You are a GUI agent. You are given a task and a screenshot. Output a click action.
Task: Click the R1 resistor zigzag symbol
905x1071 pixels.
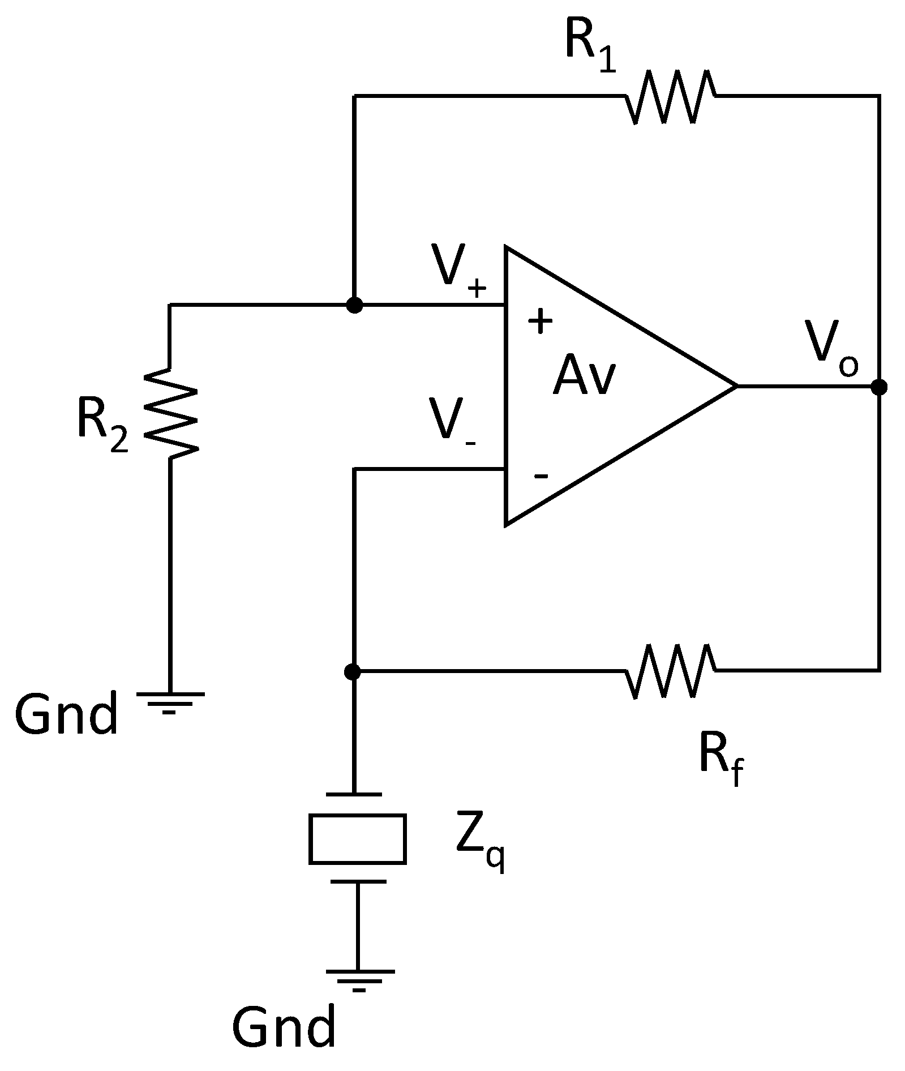coord(670,97)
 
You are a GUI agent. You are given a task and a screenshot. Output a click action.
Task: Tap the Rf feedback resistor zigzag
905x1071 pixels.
coord(670,671)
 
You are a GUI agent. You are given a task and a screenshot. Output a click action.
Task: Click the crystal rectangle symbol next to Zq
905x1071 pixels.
coord(357,839)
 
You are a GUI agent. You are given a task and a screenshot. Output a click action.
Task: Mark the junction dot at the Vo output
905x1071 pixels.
coord(878,387)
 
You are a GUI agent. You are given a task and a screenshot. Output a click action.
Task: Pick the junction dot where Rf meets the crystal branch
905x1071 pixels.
coord(352,672)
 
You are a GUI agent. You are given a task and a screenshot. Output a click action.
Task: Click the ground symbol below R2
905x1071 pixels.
coord(169,702)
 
